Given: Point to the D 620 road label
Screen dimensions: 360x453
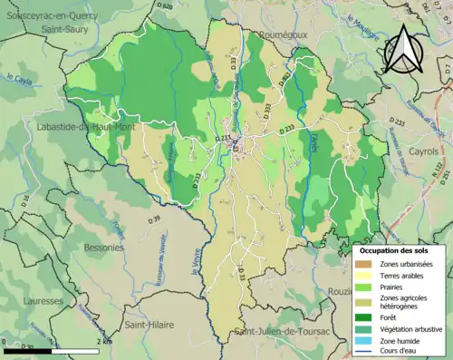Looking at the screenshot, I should click(164, 6).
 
